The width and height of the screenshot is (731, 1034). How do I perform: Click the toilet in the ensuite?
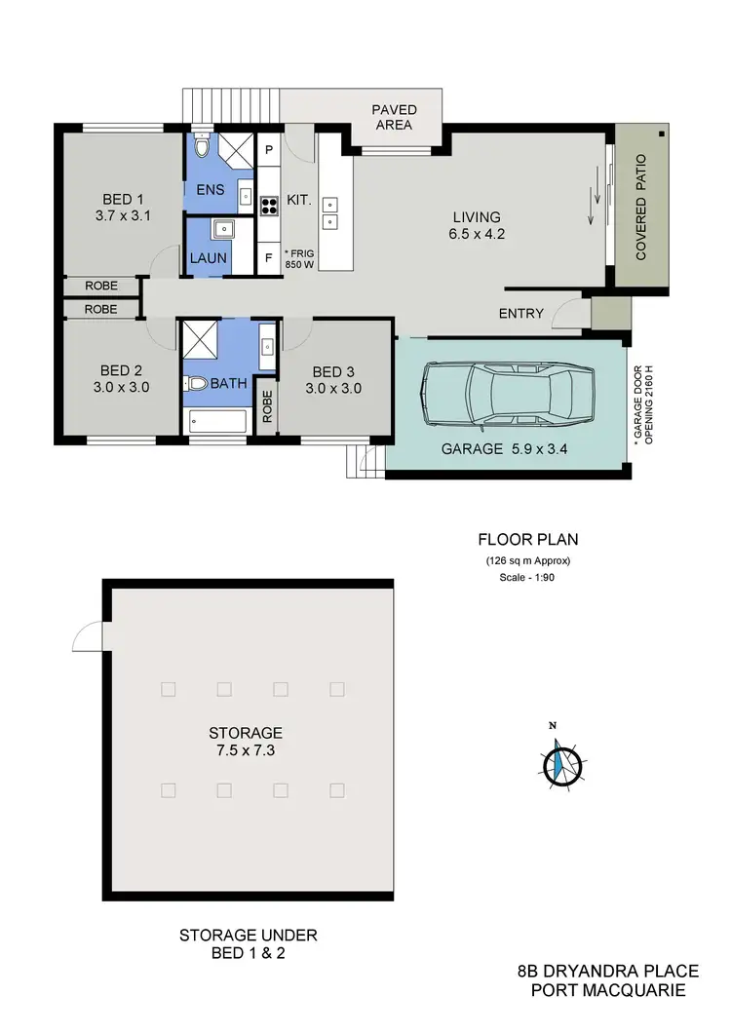tap(201, 146)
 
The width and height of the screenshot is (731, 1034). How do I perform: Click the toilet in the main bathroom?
tap(197, 383)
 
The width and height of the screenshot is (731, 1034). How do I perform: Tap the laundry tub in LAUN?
tap(223, 229)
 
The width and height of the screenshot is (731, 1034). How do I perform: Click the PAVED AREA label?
tap(393, 117)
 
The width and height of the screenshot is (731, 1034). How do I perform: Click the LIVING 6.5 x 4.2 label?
tap(476, 225)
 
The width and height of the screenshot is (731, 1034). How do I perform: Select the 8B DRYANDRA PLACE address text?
tap(606, 972)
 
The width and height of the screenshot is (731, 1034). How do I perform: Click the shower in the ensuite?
tap(235, 148)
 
